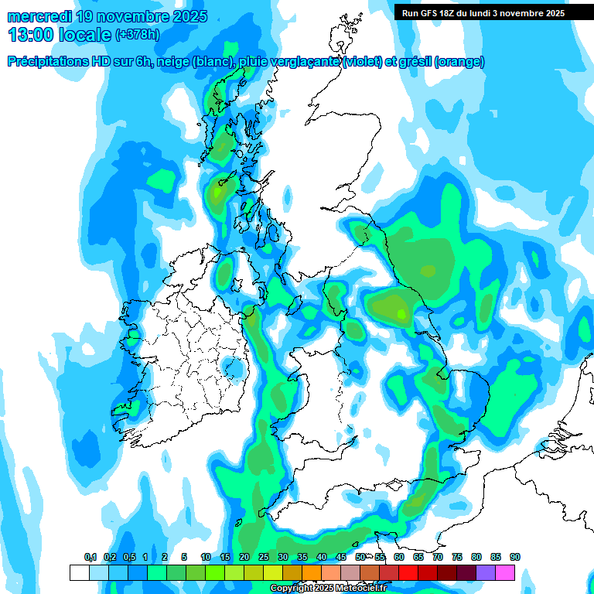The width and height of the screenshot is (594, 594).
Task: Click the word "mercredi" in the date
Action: click(39, 16)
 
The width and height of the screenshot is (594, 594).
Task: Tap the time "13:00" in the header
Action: click(29, 35)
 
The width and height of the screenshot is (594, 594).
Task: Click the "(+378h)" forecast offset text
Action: click(137, 35)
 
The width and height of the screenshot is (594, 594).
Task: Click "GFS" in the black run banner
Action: click(429, 13)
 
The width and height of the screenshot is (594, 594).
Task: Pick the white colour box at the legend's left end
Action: click(79, 573)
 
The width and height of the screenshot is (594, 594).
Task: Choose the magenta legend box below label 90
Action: click(505, 573)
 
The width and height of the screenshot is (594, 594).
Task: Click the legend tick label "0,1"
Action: click(90, 557)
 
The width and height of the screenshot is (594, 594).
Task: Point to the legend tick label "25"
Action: click(264, 557)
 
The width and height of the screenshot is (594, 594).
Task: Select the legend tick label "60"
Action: click(399, 557)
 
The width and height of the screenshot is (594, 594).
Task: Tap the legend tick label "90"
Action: click(515, 557)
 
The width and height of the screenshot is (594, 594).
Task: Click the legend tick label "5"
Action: click(184, 557)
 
